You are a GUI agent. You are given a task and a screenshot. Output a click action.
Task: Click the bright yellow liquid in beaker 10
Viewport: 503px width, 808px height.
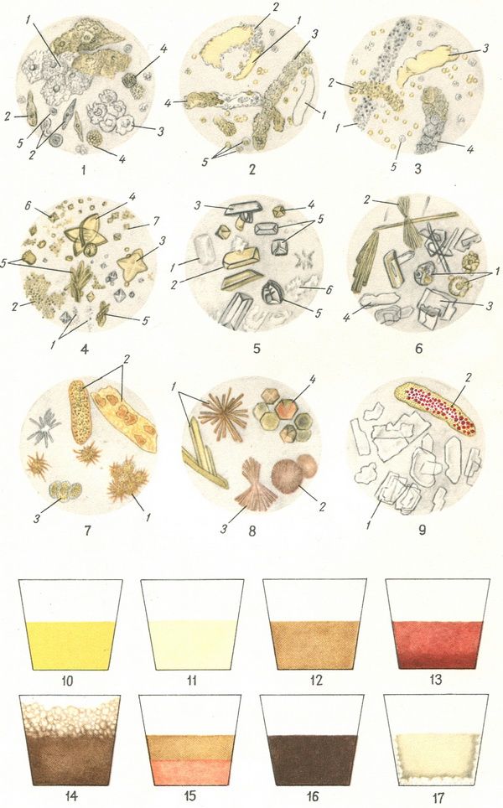tap(70, 645)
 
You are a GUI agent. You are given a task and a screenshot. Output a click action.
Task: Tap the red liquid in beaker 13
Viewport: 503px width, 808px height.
tap(438, 645)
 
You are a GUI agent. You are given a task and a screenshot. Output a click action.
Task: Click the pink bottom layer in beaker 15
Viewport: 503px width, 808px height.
tap(190, 772)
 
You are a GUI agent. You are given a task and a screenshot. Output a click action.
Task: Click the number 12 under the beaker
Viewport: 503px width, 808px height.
tap(316, 681)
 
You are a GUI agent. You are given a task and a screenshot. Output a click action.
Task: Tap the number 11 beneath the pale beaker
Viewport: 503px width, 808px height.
tap(192, 681)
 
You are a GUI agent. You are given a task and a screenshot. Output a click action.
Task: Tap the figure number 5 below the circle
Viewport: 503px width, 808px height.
tap(257, 349)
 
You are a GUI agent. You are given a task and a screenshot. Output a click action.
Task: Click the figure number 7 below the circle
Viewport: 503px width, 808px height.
tap(87, 530)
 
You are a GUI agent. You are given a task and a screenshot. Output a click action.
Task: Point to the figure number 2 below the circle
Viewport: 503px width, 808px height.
tap(251, 169)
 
